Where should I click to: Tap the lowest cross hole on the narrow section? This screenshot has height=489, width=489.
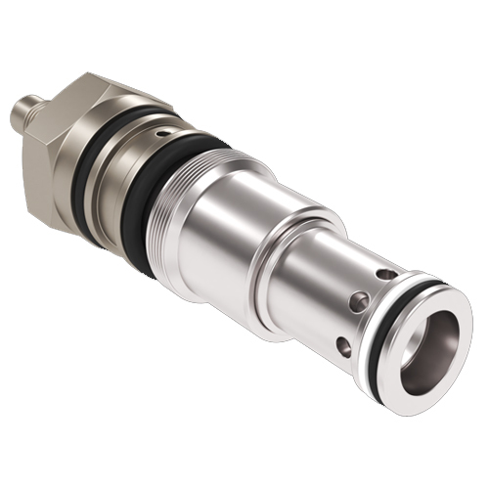click(345, 344)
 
